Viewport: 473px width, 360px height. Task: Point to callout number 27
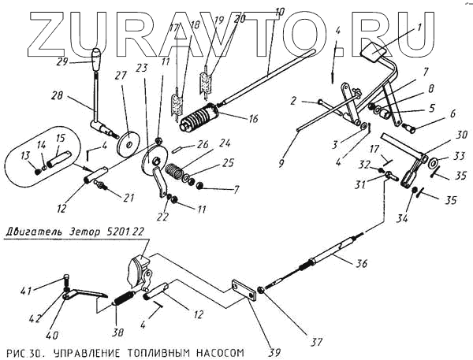click(121, 77)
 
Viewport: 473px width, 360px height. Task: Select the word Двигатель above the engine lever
click(36, 233)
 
